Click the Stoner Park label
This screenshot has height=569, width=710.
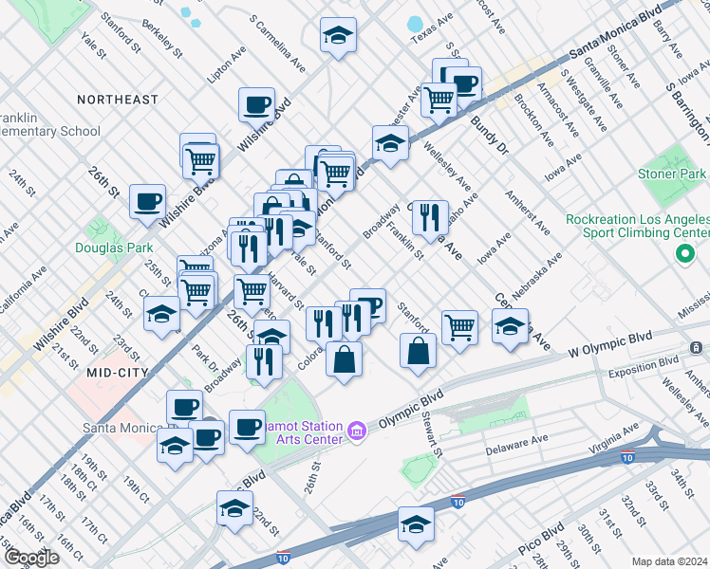[x=674, y=174]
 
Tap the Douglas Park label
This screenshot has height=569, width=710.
[x=113, y=248]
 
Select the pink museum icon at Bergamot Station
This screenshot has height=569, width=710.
[x=357, y=431]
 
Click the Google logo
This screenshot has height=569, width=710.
[x=31, y=558]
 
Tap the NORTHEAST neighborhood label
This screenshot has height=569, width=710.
[x=118, y=100]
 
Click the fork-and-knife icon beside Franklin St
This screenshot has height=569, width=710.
[x=429, y=217]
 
